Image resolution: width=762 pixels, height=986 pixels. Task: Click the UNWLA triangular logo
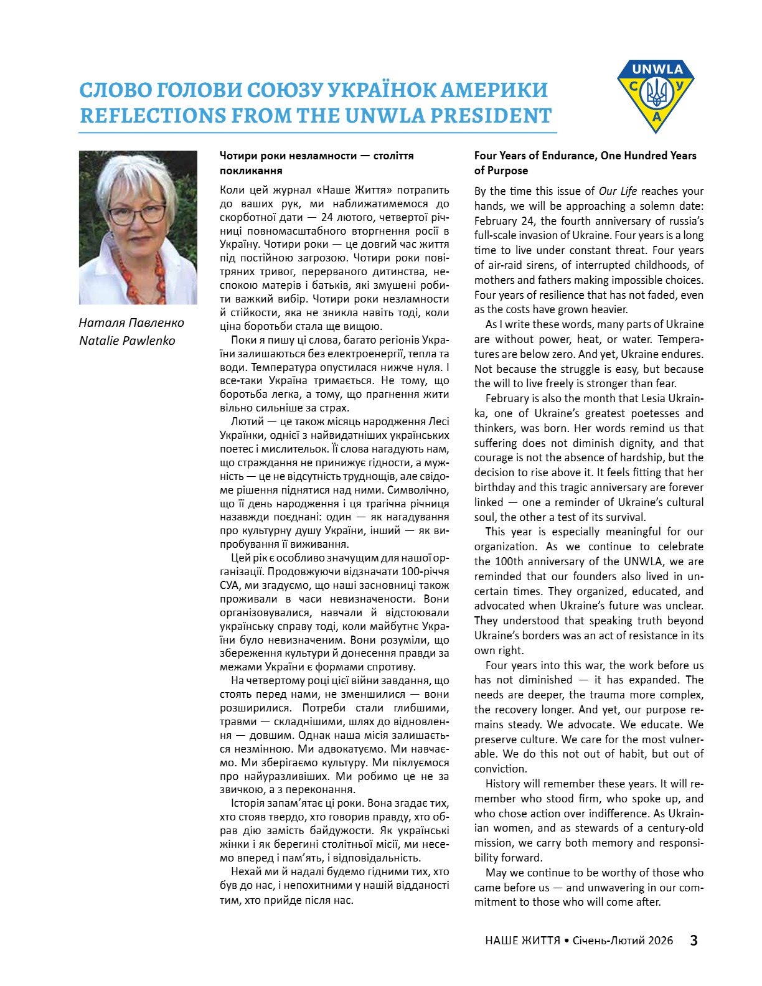pos(656,93)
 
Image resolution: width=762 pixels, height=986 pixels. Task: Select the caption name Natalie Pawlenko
pos(127,340)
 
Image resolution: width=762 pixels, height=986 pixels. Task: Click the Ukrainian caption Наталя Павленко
pos(131,322)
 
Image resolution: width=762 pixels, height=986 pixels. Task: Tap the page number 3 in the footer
pos(694,940)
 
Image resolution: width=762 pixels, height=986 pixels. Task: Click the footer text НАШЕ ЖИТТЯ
pos(522,941)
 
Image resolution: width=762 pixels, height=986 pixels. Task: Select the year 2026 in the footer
pos(660,941)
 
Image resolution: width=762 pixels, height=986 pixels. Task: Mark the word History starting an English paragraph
pos(505,784)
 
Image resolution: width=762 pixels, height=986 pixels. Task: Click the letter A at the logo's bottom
pos(656,118)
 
